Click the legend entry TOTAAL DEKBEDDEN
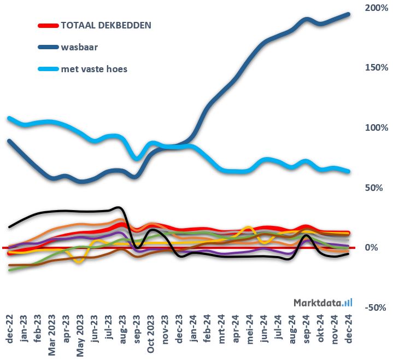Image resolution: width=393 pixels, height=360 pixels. coord(106,25)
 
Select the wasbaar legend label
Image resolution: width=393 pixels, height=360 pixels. coord(79,47)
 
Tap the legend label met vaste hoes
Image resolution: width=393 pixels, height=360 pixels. coord(94,69)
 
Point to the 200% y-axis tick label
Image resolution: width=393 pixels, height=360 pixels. coord(377,8)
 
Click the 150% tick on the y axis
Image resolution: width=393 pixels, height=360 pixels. coord(377,67)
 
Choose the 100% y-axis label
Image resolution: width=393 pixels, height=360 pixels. coord(377,127)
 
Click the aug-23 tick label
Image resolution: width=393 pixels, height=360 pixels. coord(123,329)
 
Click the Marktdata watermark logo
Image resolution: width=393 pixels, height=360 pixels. coord(322,302)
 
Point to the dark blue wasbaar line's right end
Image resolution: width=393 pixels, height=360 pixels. coord(349,14)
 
